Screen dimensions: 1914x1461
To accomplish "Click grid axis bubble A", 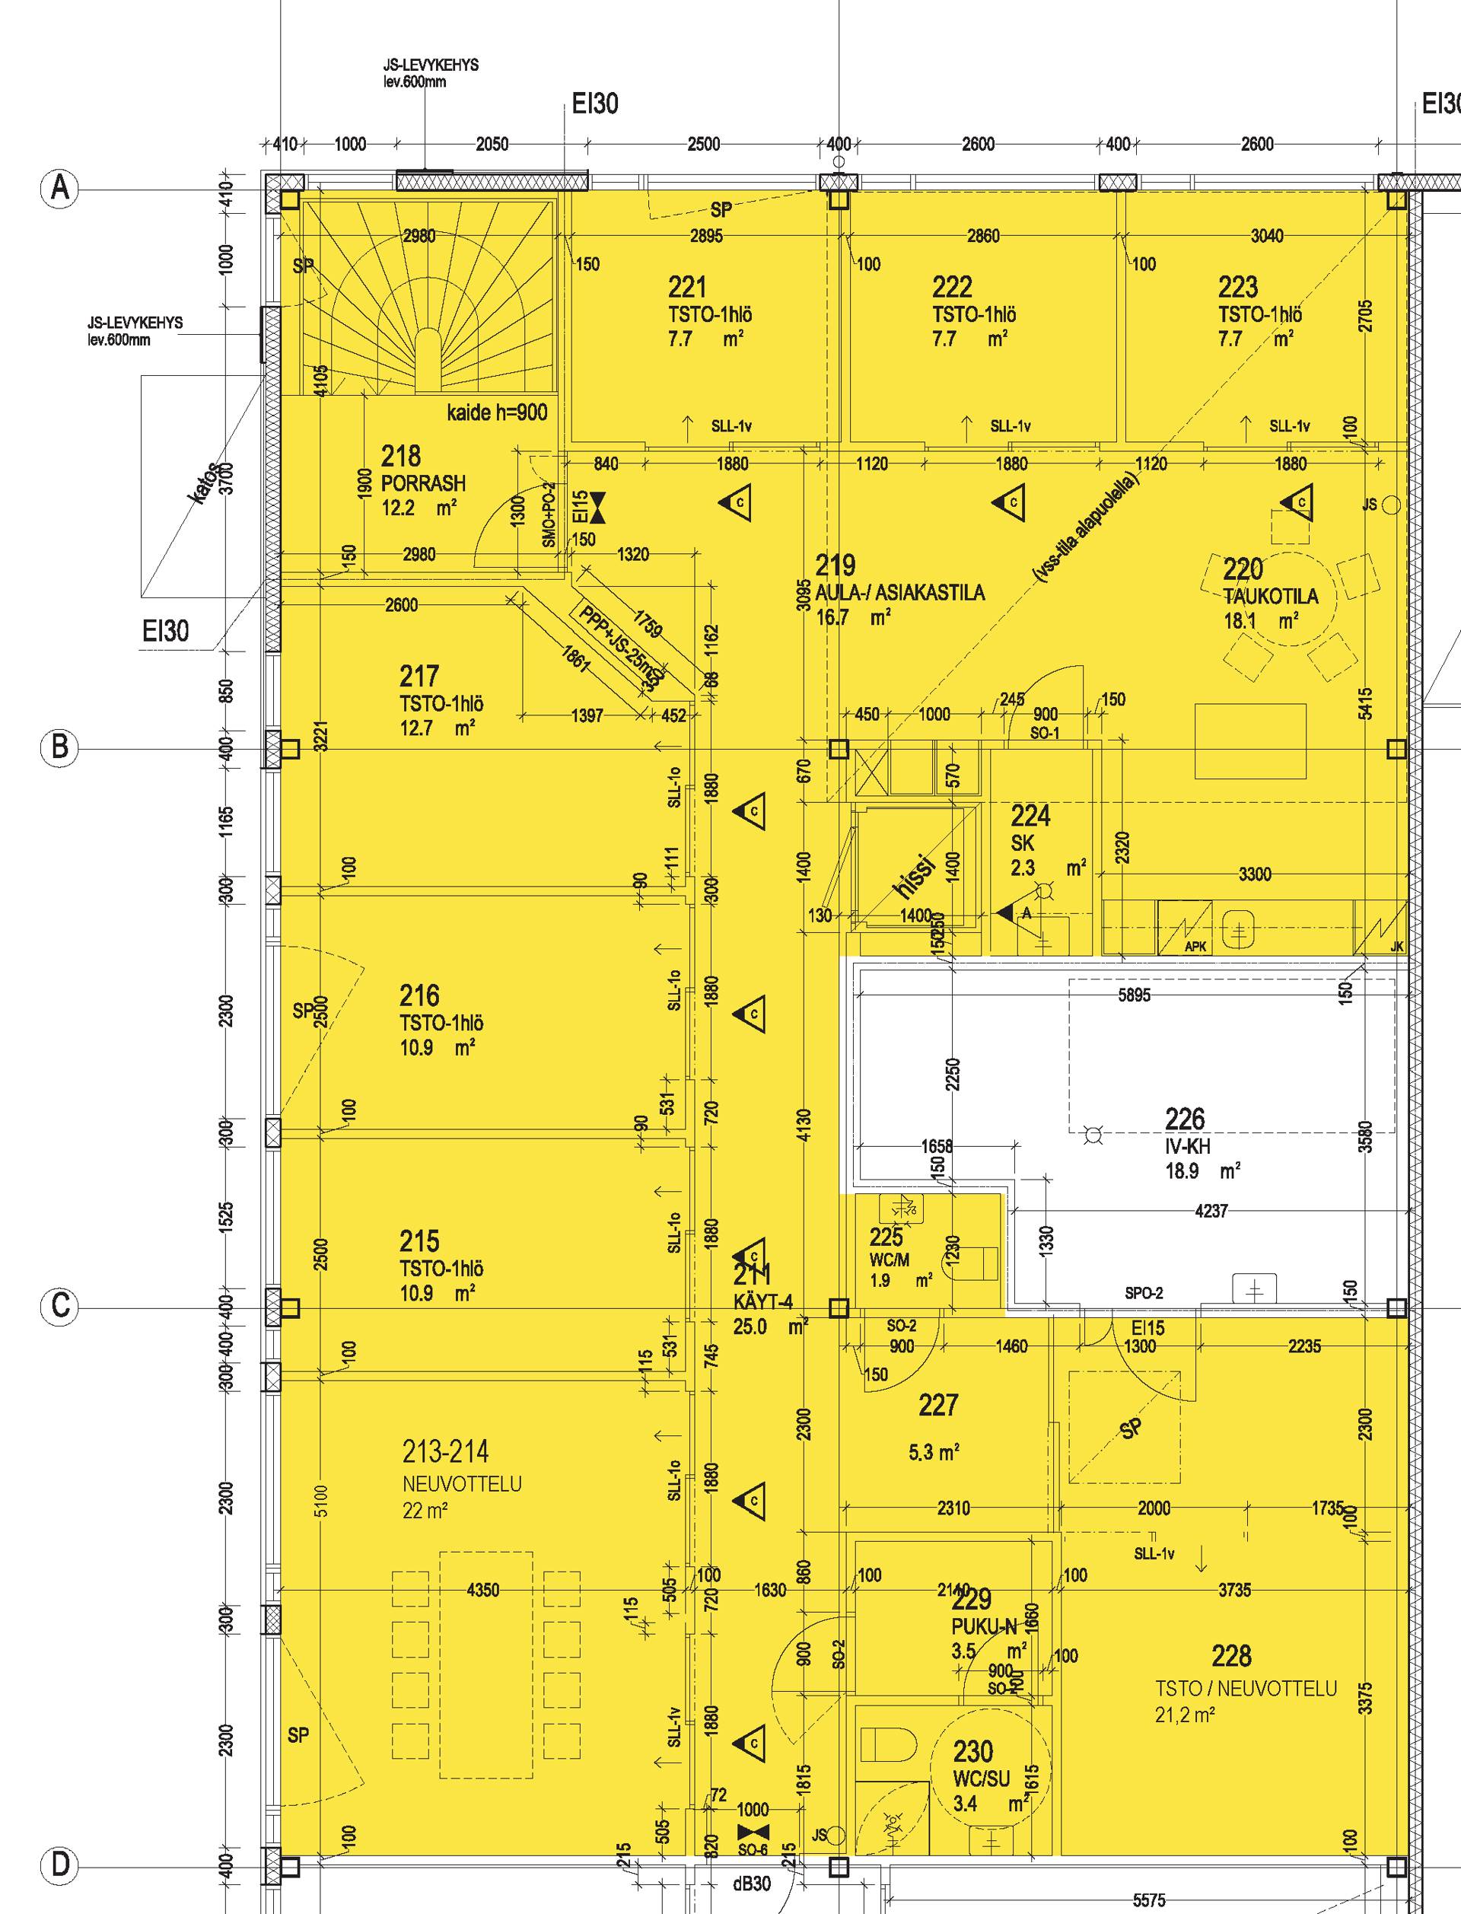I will (60, 189).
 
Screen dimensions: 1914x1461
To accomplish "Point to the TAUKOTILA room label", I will (1270, 597).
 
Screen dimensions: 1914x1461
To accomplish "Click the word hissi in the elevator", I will (913, 877).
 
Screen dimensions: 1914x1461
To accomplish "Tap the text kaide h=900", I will (497, 412).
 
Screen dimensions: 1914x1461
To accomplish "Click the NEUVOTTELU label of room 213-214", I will (462, 1483).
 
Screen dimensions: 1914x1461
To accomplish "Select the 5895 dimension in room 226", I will (1134, 995).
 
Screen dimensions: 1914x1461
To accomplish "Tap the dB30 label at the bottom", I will (751, 1903).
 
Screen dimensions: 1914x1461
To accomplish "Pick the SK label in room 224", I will (1022, 842).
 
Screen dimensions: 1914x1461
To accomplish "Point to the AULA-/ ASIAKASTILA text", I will (900, 593).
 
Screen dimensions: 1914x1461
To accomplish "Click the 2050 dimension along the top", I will (492, 145).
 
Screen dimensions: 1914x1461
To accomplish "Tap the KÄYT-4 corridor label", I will (763, 1302).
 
